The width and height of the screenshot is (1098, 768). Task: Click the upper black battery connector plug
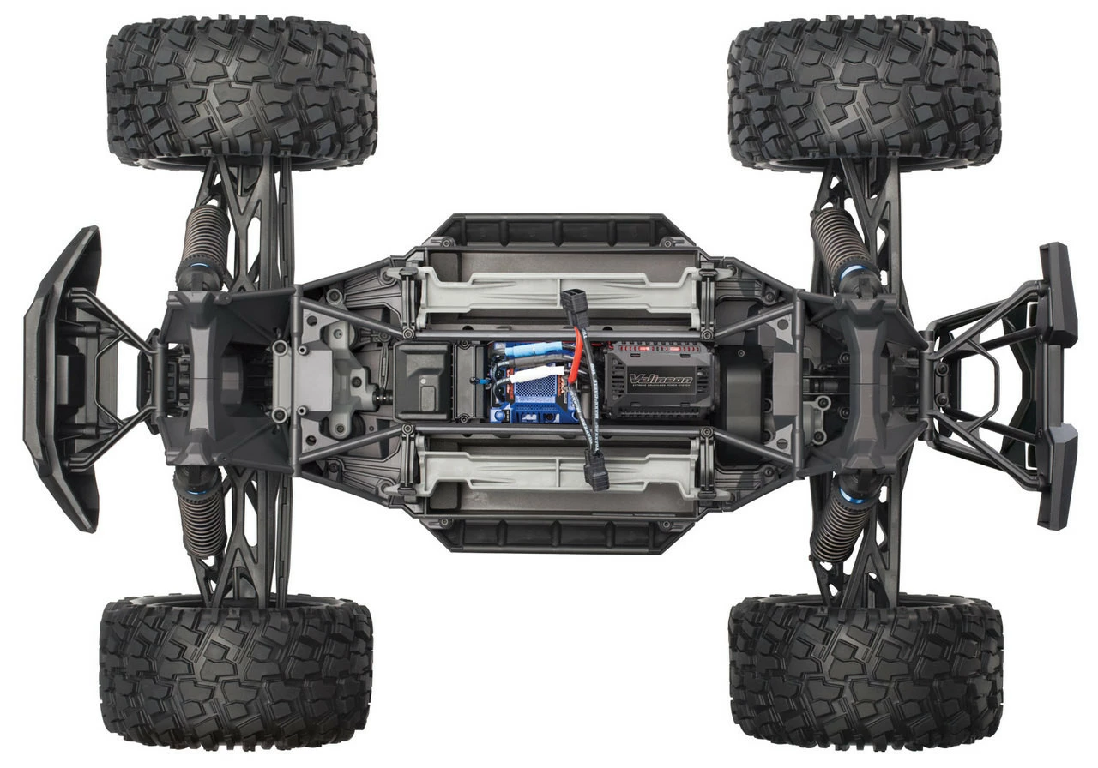pyautogui.click(x=573, y=304)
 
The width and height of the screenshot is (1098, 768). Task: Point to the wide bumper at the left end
pyautogui.click(x=60, y=377)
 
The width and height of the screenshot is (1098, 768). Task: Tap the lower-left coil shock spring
pyautogui.click(x=202, y=514)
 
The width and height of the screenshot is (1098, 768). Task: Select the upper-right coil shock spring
pyautogui.click(x=840, y=240)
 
